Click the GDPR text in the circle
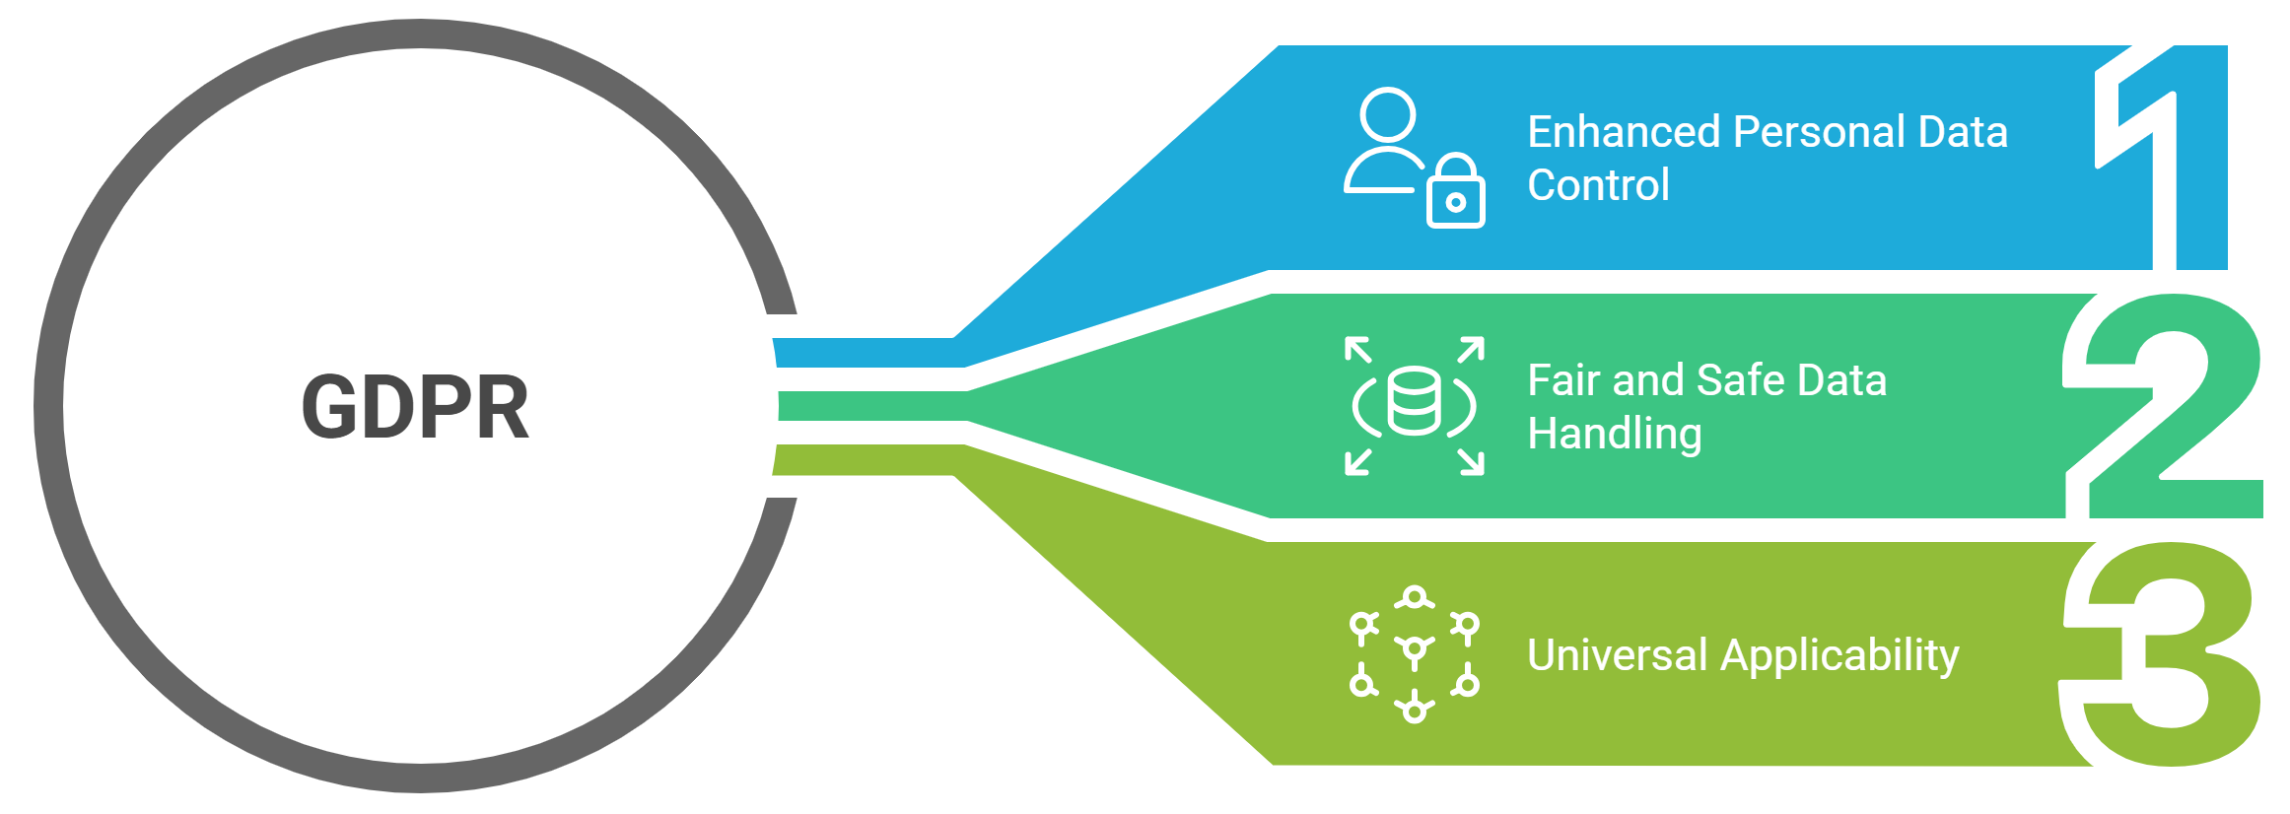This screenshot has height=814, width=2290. [x=415, y=407]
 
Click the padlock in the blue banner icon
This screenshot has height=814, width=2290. [x=1456, y=195]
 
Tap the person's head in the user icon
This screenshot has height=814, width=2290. [x=1387, y=115]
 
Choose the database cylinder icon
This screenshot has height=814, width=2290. [x=1414, y=401]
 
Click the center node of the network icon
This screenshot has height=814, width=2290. [x=1415, y=649]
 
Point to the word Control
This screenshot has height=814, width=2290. [x=1598, y=185]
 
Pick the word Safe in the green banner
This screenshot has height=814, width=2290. [x=1740, y=380]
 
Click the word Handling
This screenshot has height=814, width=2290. [x=1614, y=434]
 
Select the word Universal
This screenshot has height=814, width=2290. [x=1617, y=655]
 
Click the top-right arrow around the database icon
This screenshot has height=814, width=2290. [x=1471, y=350]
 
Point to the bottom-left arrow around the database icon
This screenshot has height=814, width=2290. [x=1358, y=461]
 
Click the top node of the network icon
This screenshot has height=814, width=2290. [x=1415, y=597]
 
